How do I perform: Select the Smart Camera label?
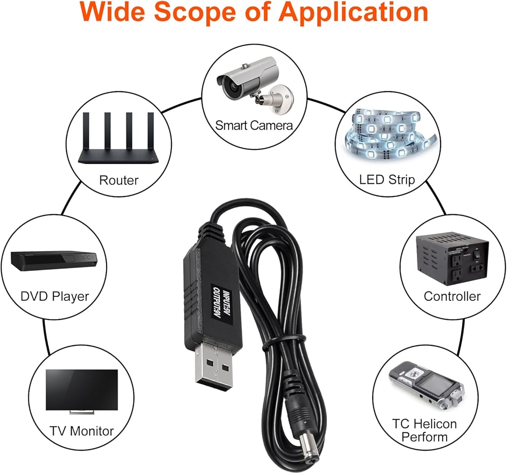(x=254, y=125)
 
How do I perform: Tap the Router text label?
(x=119, y=180)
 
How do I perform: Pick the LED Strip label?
(x=387, y=179)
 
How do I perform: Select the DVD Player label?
(x=55, y=296)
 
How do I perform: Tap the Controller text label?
(x=452, y=296)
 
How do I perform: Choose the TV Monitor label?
(x=82, y=431)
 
